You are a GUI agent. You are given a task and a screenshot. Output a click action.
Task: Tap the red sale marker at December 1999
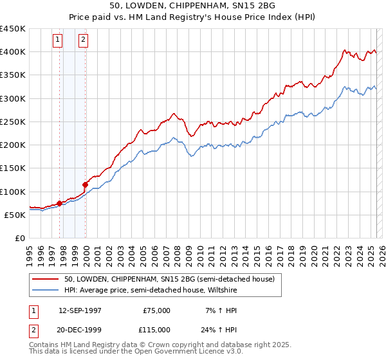pos(85,184)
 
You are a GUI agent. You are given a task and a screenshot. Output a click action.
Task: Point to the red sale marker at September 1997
pos(59,203)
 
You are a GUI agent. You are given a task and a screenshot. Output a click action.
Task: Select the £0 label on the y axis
pos(19,239)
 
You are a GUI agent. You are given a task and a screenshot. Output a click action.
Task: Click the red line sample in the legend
pos(45,279)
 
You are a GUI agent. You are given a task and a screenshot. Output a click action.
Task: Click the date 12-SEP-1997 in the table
pos(80,310)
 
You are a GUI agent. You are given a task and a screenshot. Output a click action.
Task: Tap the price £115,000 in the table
pos(156,329)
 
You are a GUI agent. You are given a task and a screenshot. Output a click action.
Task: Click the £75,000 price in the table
pos(156,310)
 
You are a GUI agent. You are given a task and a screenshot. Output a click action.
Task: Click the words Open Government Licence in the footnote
pos(181,352)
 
